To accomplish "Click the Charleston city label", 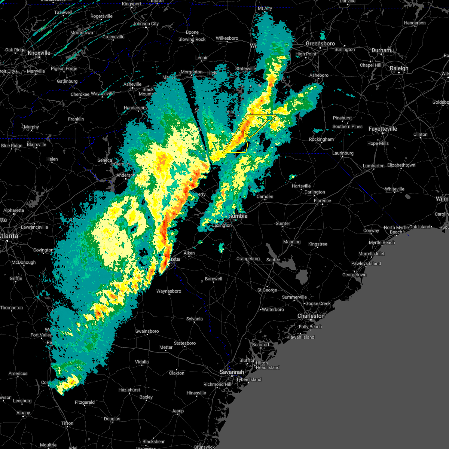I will click(x=311, y=316).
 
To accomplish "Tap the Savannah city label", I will click(x=232, y=372).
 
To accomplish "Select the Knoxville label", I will click(x=39, y=53).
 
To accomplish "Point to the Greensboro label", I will click(x=320, y=44).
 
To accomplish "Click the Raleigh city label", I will click(x=399, y=68).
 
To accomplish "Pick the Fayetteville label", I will click(x=383, y=129).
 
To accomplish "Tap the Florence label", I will click(x=323, y=201).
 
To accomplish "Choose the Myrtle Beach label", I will click(x=382, y=242).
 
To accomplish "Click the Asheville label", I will click(x=132, y=84).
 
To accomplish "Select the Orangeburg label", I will click(x=248, y=259).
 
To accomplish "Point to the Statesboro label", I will click(x=185, y=343).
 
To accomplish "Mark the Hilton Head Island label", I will click(x=268, y=365).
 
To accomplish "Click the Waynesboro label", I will click(x=168, y=291).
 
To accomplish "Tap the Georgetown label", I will click(x=354, y=275).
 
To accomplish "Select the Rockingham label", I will click(x=321, y=139).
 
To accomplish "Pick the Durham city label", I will click(x=381, y=50).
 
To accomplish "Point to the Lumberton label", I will click(x=373, y=166).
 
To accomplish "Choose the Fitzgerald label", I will click(x=85, y=402).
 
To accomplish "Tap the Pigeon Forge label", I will click(x=64, y=68).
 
